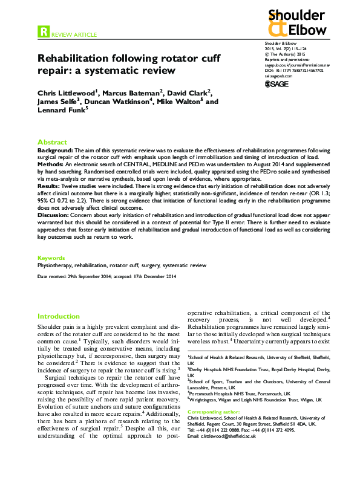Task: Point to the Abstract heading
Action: coord(52,141)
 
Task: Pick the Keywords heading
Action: coord(51,258)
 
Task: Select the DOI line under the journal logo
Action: coord(294,70)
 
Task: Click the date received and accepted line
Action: coord(106,276)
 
